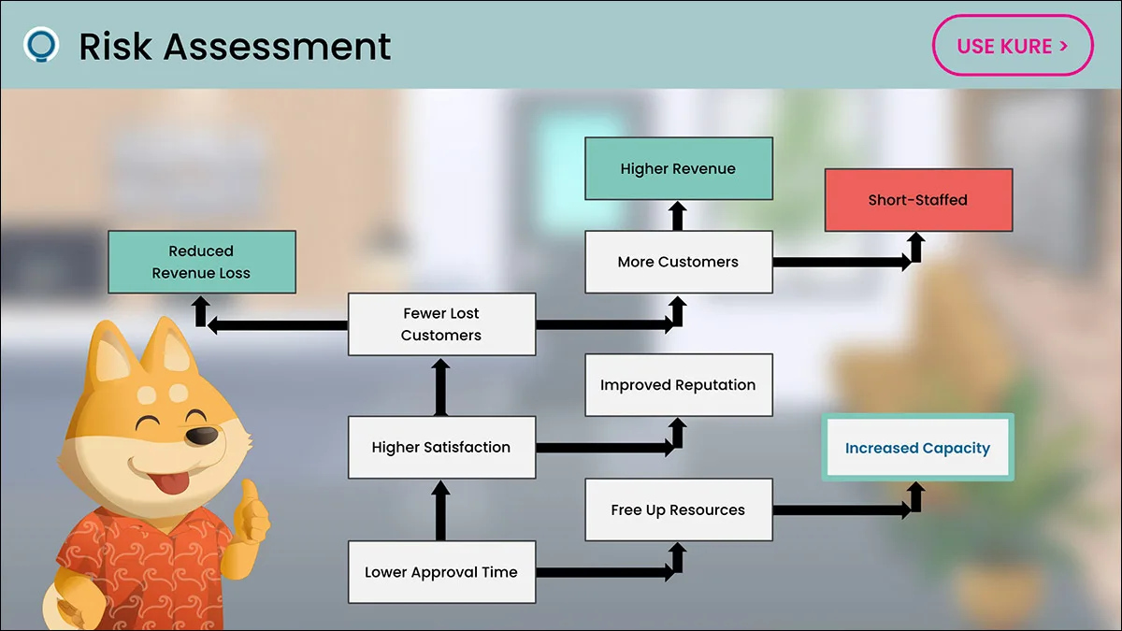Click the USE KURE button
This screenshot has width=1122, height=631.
(x=1013, y=46)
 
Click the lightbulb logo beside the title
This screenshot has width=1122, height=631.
(x=41, y=45)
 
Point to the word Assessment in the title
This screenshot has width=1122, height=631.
(x=277, y=47)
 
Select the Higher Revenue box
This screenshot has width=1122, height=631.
(x=679, y=169)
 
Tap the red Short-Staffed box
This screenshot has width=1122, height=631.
(x=918, y=200)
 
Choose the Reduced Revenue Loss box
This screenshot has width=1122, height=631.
(x=202, y=262)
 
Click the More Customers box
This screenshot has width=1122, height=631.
(x=679, y=262)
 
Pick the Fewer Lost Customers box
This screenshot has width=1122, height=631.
(x=441, y=324)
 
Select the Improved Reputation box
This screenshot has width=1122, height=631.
(x=679, y=385)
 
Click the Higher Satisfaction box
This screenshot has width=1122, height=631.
(x=441, y=447)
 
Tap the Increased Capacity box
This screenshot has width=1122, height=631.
(x=917, y=447)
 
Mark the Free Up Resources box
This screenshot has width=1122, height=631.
(x=679, y=509)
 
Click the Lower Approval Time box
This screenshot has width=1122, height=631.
(x=441, y=572)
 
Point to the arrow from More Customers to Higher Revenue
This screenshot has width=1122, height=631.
(x=678, y=216)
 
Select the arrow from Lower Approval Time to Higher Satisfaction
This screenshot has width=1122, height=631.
(x=440, y=510)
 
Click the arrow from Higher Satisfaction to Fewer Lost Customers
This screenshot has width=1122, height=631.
(x=440, y=387)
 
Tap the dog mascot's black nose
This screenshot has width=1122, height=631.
(x=202, y=436)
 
